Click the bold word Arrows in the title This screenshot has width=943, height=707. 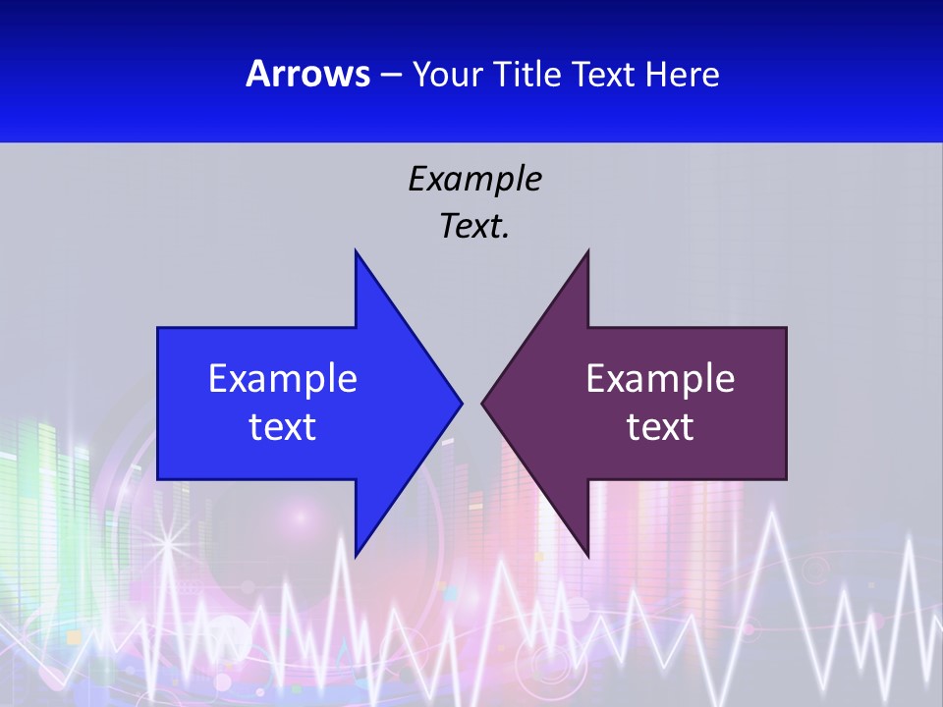306,74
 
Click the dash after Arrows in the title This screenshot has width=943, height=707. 389,75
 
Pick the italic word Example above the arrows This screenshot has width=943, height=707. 474,179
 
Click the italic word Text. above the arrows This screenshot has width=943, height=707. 474,226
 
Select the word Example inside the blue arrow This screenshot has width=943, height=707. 283,378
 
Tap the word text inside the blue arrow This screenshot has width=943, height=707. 283,426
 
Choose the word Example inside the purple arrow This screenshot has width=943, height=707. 660,378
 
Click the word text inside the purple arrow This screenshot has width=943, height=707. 660,426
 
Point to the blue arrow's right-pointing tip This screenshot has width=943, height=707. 461,403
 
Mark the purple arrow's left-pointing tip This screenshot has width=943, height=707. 482,403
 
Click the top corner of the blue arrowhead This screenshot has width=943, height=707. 356,251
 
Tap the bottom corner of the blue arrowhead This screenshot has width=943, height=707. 356,556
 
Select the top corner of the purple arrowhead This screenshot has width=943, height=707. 588,251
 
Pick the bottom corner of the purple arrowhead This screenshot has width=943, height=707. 588,556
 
